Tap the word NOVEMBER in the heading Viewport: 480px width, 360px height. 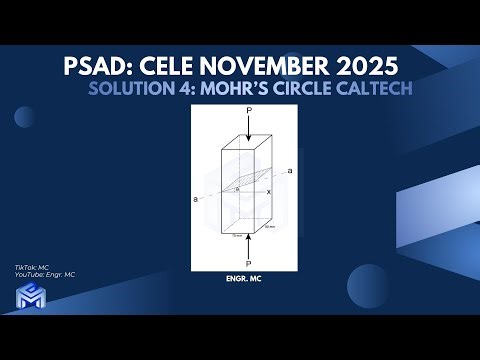point(272,68)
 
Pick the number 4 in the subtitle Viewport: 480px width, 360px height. point(195,90)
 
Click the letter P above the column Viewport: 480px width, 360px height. point(248,111)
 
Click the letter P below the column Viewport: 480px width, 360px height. point(247,263)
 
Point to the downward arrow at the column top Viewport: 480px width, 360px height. point(247,124)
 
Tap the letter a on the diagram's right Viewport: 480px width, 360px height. point(289,172)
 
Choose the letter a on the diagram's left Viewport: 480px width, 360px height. point(196,198)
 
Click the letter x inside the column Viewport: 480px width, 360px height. point(268,191)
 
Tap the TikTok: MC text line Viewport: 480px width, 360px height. point(31,268)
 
